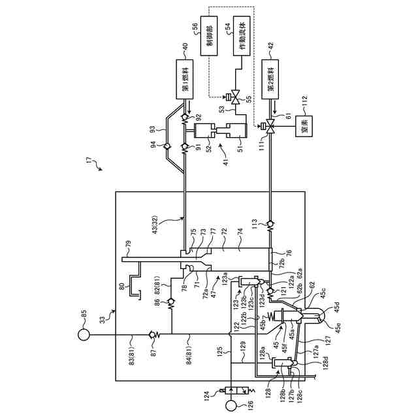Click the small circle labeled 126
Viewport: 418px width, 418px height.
[231, 405]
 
